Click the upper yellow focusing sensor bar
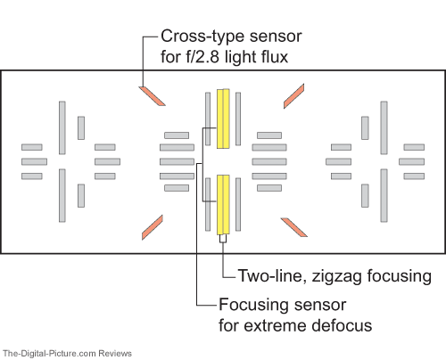pyautogui.click(x=223, y=119)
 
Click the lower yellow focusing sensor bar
pyautogui.click(x=223, y=205)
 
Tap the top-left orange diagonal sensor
pyautogui.click(x=152, y=96)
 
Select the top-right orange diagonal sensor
pyautogui.click(x=293, y=96)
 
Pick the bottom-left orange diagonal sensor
pyautogui.click(x=153, y=227)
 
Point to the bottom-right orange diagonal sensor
pyautogui.click(x=294, y=227)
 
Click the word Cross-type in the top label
pyautogui.click(x=203, y=37)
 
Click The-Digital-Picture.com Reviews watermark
pyautogui.click(x=67, y=354)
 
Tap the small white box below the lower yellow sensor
pyautogui.click(x=223, y=239)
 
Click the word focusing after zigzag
pyautogui.click(x=400, y=276)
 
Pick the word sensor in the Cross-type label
pyautogui.click(x=276, y=37)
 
